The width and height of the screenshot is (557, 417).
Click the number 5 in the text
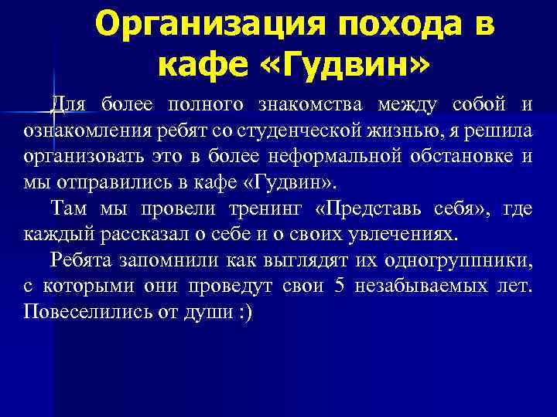(338, 287)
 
